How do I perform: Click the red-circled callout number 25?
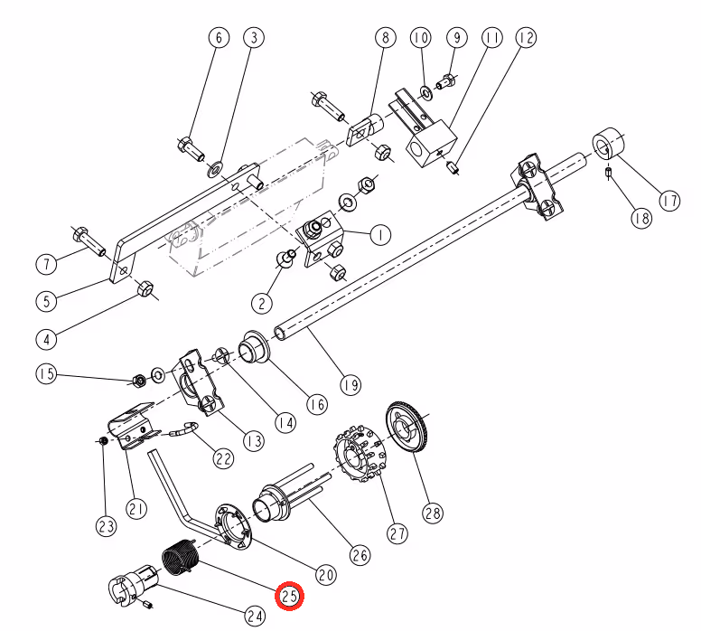coord(289,596)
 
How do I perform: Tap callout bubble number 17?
coord(669,201)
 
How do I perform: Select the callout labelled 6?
coord(219,38)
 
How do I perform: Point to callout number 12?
coord(526,38)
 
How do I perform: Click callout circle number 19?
coord(350,384)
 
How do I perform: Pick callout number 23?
coord(107,526)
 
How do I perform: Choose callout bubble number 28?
coord(433,513)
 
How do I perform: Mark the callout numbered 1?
coord(380,234)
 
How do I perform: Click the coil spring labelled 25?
coord(179,558)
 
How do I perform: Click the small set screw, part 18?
coord(608,173)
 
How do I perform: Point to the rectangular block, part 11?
coord(431,143)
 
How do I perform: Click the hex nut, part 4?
coord(145,288)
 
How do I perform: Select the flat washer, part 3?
coord(216,170)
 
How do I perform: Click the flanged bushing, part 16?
coord(255,346)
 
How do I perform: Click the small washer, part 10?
coord(425,92)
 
